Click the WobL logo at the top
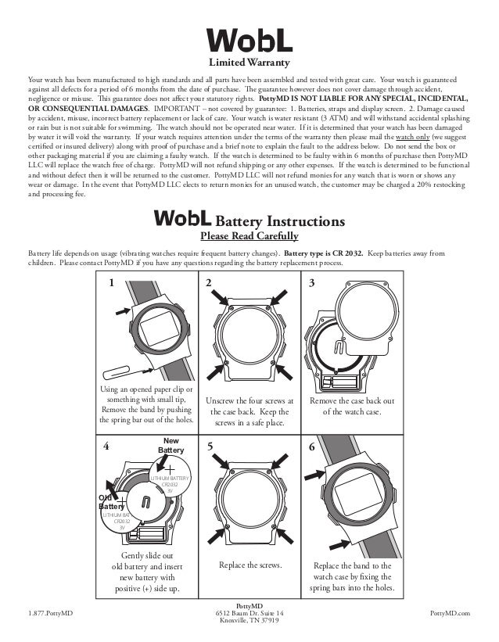coord(249,40)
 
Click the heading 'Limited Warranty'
coord(249,62)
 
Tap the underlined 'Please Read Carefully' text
coord(249,235)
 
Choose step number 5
coord(210,448)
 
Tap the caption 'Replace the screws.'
coord(249,564)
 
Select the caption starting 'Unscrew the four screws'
coord(249,412)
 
